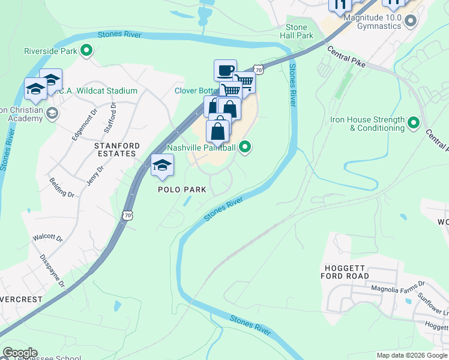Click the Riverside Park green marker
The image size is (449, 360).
(86, 51)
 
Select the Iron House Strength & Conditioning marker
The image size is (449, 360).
(413, 124)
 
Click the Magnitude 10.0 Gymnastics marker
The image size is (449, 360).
(411, 22)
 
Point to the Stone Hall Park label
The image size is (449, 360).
(297, 31)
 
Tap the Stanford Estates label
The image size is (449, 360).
(117, 149)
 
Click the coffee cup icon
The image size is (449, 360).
(225, 70)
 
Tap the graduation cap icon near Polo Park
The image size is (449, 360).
(162, 165)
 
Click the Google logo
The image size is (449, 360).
(19, 353)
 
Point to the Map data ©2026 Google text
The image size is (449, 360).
(412, 355)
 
